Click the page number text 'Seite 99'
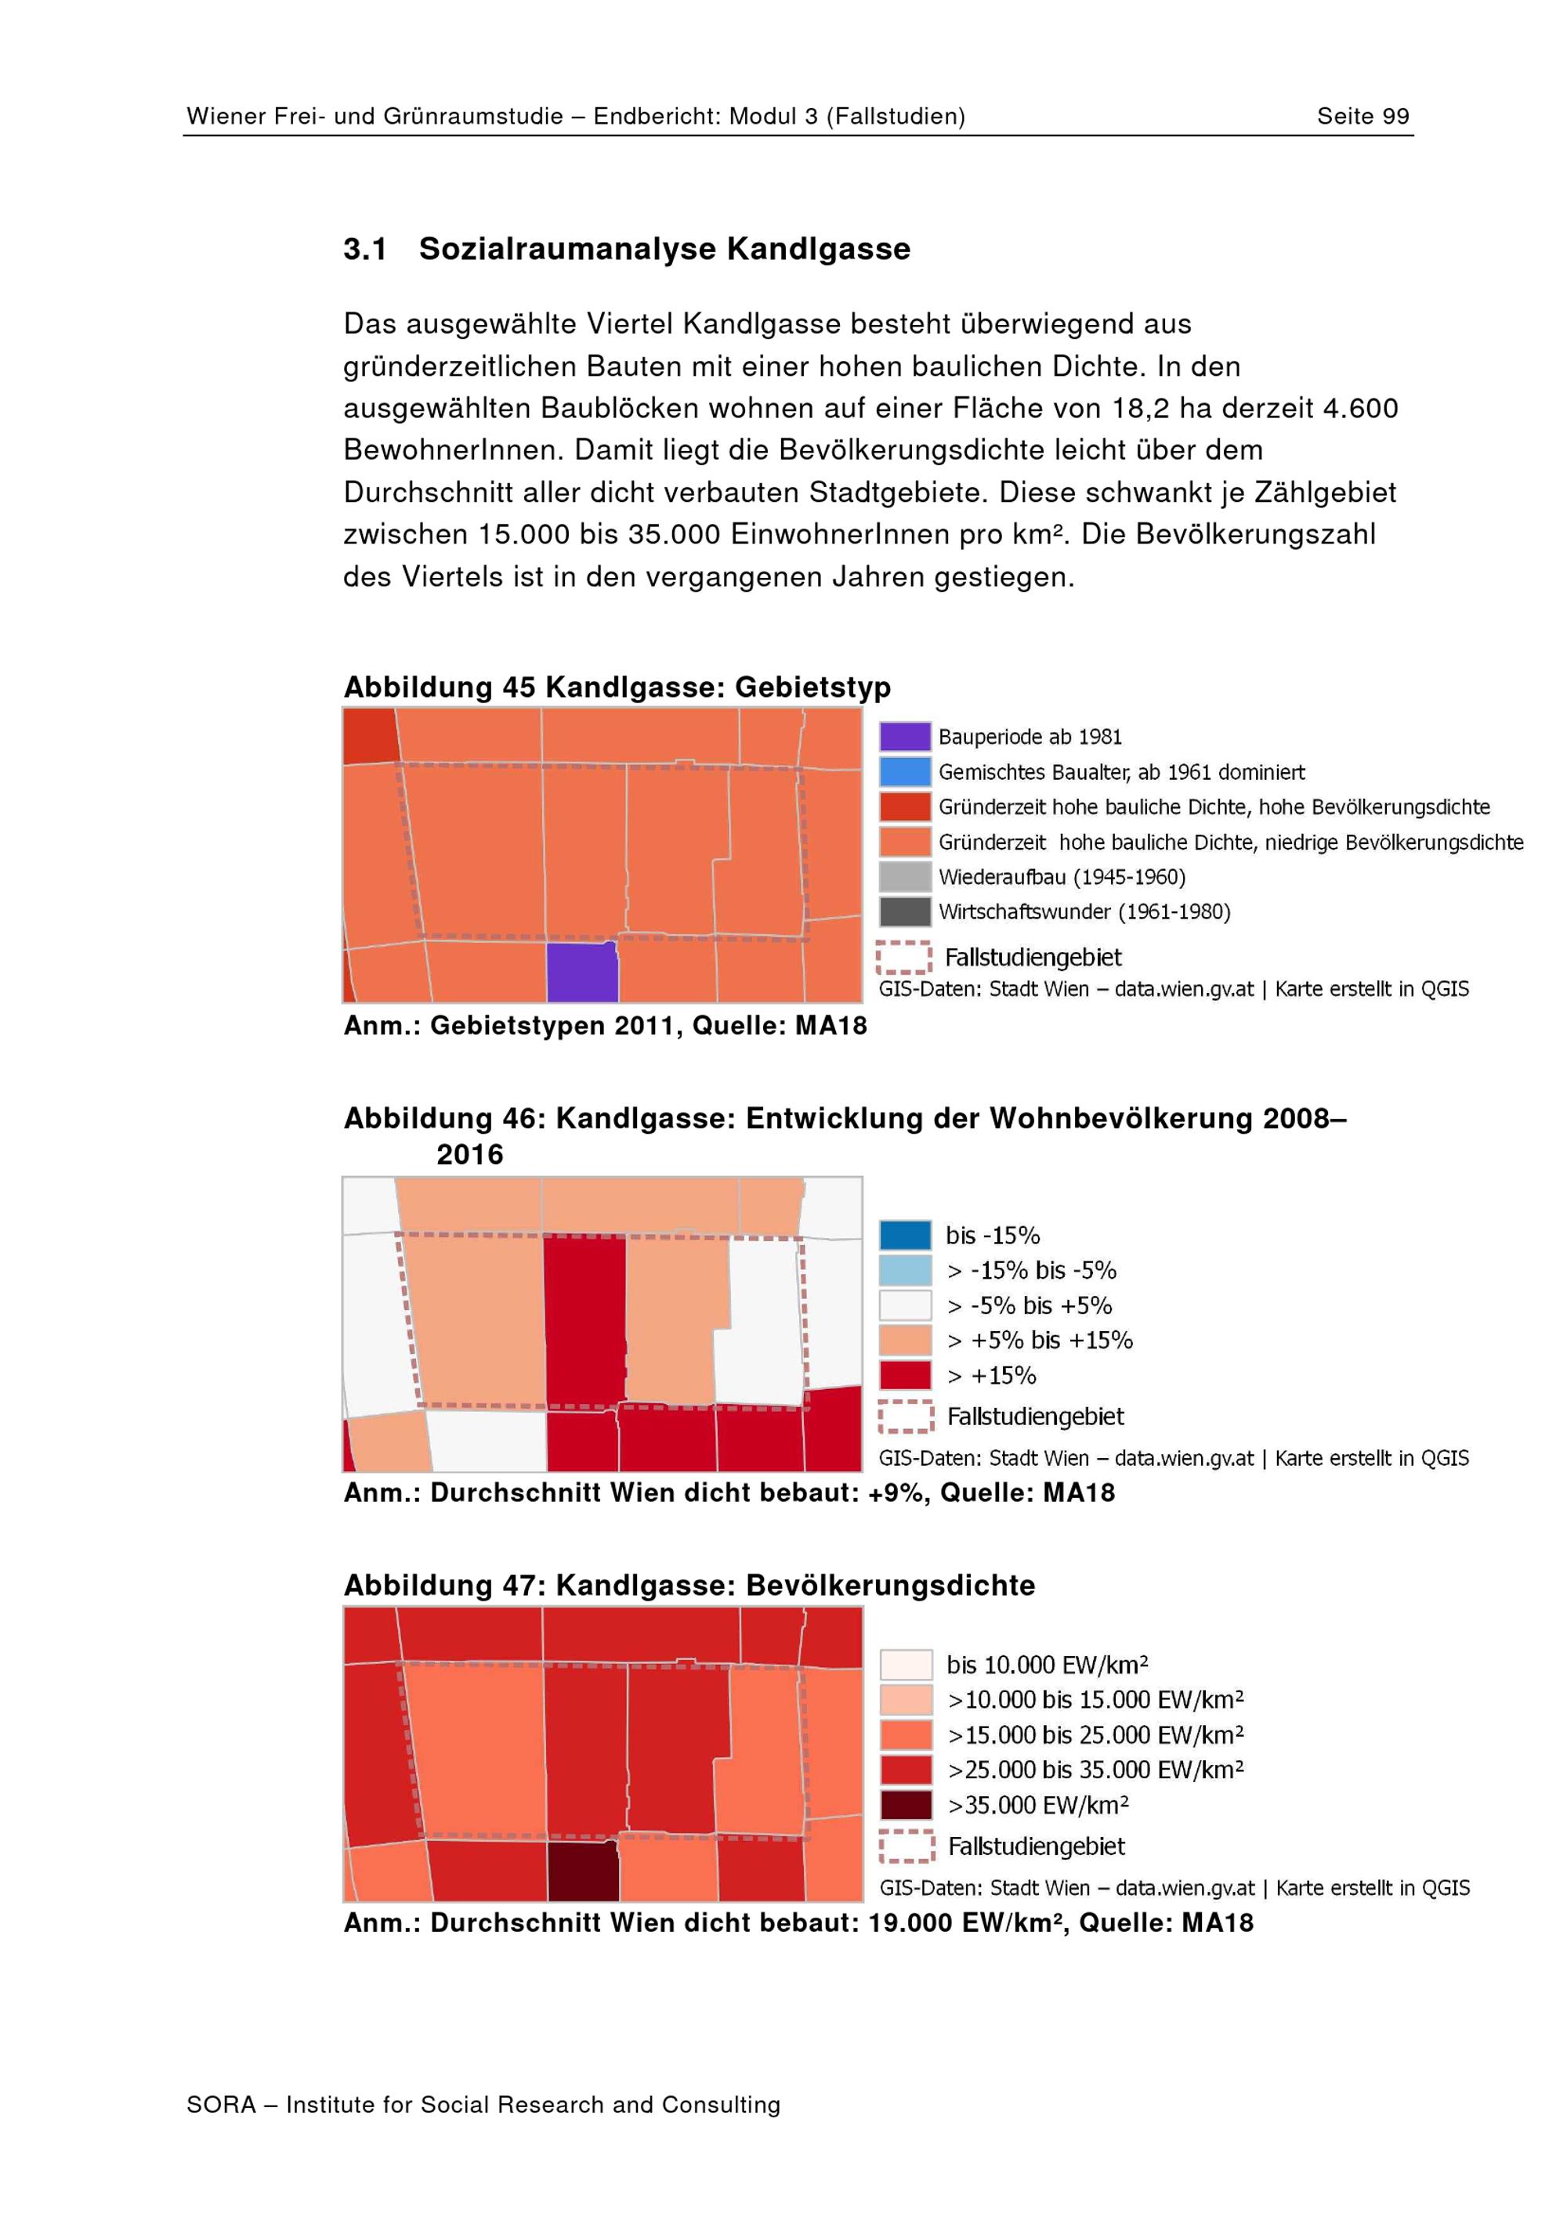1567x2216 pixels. (x=1363, y=117)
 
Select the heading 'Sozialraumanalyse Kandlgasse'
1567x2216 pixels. (x=664, y=249)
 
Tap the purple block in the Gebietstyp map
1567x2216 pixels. (x=582, y=972)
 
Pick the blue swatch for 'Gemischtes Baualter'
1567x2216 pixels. (x=905, y=772)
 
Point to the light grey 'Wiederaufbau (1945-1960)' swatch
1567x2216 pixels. (x=905, y=876)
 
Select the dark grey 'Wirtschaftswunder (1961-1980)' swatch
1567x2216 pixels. (x=905, y=911)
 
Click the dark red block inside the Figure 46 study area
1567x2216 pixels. (x=585, y=1320)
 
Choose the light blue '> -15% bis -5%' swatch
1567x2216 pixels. (x=905, y=1270)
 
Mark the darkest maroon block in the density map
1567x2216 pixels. (x=583, y=1871)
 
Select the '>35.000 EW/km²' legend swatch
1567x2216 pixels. (x=906, y=1805)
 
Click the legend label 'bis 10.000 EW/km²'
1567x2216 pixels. (x=1047, y=1665)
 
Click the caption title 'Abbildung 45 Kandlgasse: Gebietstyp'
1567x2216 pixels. (x=617, y=688)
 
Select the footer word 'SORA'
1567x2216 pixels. (x=221, y=2105)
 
